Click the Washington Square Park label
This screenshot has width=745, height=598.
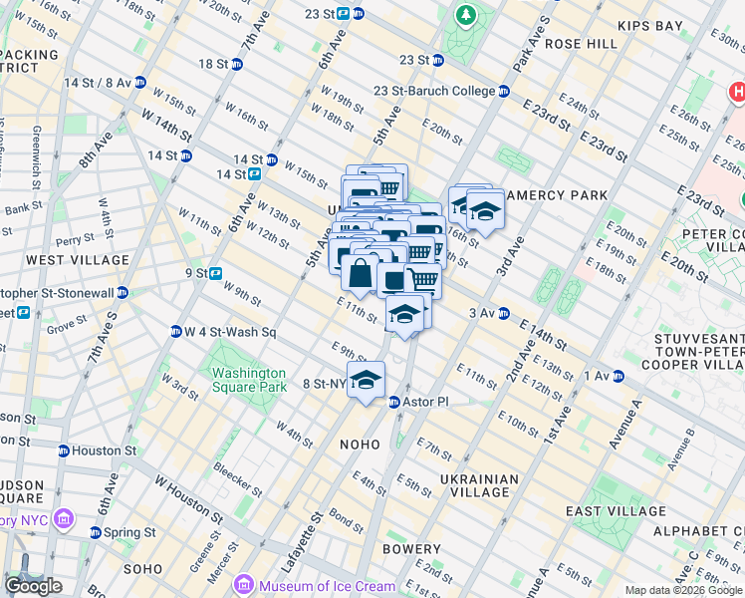click(x=247, y=382)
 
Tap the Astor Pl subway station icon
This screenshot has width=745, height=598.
click(x=393, y=402)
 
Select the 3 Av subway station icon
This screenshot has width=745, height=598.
click(x=504, y=313)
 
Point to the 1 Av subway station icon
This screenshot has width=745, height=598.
click(x=618, y=376)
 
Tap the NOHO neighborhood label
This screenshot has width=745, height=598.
click(x=361, y=444)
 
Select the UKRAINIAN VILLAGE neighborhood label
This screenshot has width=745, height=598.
click(x=484, y=485)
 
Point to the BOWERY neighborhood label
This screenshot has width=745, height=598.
click(x=410, y=549)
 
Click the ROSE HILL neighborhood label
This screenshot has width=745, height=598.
click(x=582, y=44)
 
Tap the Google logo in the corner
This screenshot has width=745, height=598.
click(x=34, y=586)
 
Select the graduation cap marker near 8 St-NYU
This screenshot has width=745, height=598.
click(x=367, y=380)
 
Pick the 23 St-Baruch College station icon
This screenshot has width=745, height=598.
click(x=505, y=91)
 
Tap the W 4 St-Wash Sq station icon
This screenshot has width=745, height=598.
click(x=175, y=331)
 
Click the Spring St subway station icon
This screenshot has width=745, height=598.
click(x=96, y=532)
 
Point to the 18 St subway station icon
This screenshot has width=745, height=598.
click(x=237, y=64)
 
